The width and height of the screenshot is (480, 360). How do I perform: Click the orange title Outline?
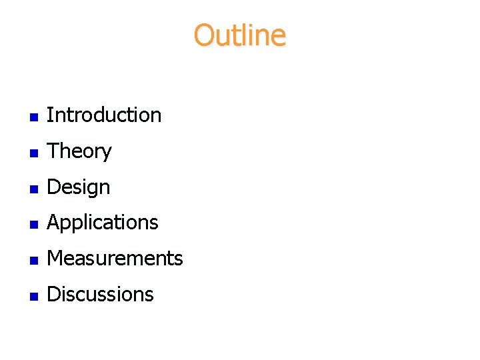click(x=240, y=35)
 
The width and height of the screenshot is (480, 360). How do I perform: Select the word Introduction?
click(x=104, y=115)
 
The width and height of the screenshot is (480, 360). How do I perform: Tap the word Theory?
click(x=79, y=151)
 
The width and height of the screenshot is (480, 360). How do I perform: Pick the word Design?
click(x=79, y=187)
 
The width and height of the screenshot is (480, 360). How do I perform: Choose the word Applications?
click(x=103, y=223)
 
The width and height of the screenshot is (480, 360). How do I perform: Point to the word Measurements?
click(x=115, y=259)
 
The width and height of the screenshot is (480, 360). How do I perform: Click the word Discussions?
click(x=100, y=295)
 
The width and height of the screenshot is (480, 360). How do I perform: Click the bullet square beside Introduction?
click(x=33, y=117)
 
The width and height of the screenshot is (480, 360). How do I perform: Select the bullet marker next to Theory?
click(x=33, y=153)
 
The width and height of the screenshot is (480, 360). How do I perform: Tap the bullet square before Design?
click(x=33, y=189)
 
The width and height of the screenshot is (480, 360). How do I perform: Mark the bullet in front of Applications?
click(x=33, y=224)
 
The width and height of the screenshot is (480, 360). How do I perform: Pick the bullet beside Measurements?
click(x=33, y=260)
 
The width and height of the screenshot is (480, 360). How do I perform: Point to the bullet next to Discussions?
click(x=33, y=296)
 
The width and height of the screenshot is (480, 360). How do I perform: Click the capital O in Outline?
click(x=203, y=35)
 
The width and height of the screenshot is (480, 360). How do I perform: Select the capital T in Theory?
click(x=53, y=151)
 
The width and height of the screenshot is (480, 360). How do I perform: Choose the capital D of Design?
click(x=53, y=187)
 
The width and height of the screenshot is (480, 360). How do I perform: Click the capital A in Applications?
click(x=53, y=222)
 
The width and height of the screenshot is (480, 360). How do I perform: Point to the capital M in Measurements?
click(x=55, y=258)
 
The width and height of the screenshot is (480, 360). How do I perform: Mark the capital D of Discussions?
click(x=53, y=294)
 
